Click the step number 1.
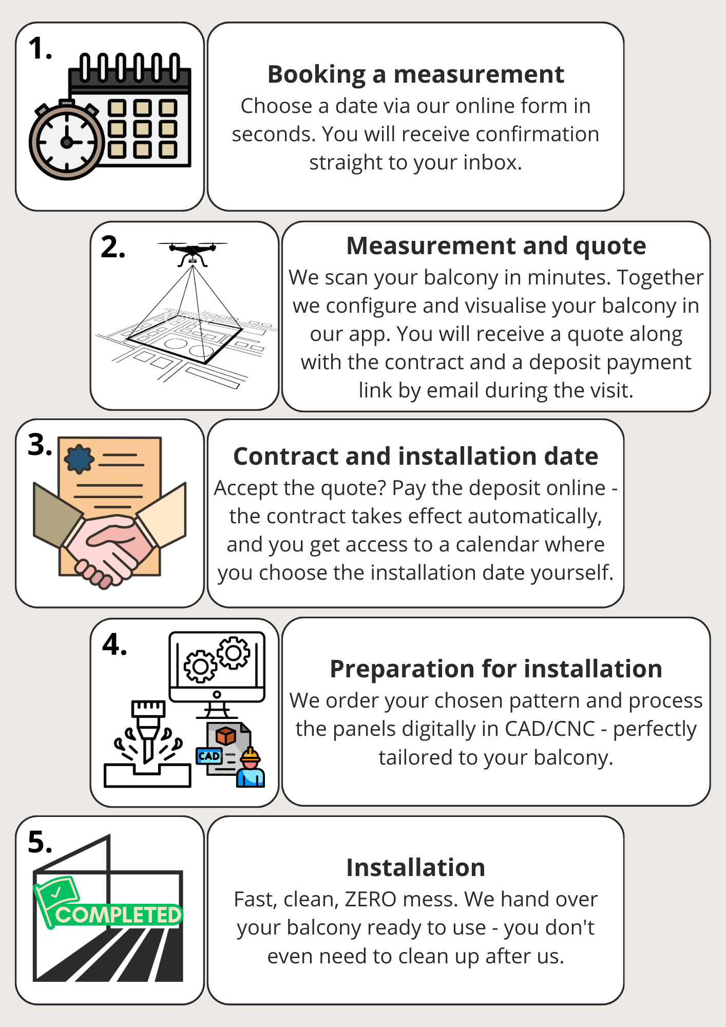[40, 49]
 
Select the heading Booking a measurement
[416, 74]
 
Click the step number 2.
[113, 247]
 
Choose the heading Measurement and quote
[496, 245]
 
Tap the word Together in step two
[660, 278]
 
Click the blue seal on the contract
[79, 459]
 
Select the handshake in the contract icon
[109, 544]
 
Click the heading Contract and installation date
[416, 456]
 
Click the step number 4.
[114, 644]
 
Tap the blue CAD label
[209, 756]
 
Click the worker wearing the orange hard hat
[251, 767]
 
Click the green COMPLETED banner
[109, 909]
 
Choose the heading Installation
[416, 868]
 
